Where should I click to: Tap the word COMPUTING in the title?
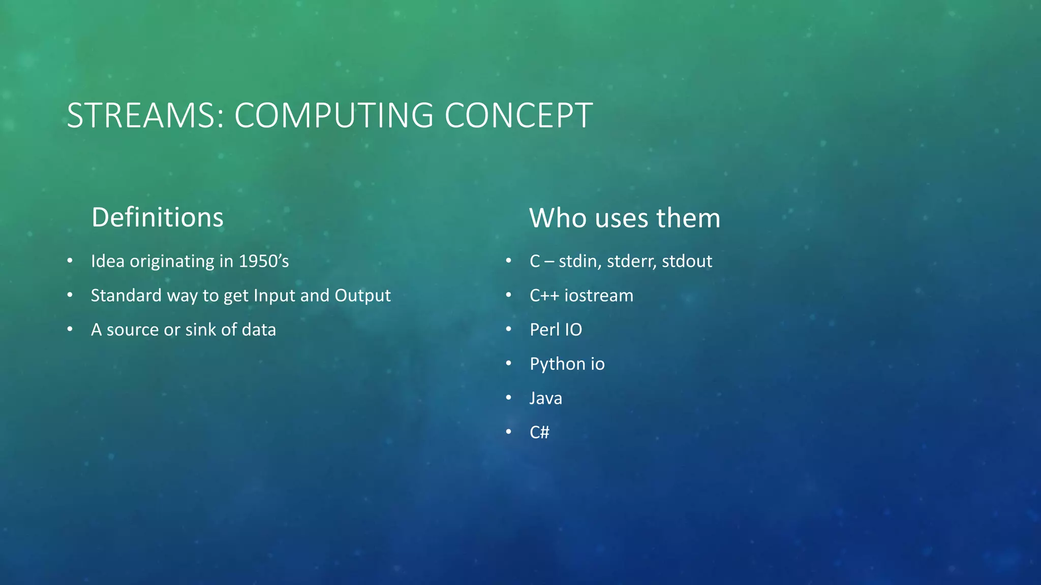(x=333, y=116)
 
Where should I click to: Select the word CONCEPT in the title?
(x=518, y=116)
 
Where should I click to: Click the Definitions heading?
(x=157, y=218)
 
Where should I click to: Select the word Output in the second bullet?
(x=362, y=296)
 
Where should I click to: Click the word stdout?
(x=687, y=261)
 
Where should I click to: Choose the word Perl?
(x=544, y=330)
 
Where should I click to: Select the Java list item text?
(x=545, y=398)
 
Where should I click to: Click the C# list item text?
(x=539, y=432)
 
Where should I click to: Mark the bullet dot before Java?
(x=508, y=398)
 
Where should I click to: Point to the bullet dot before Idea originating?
(x=70, y=261)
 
